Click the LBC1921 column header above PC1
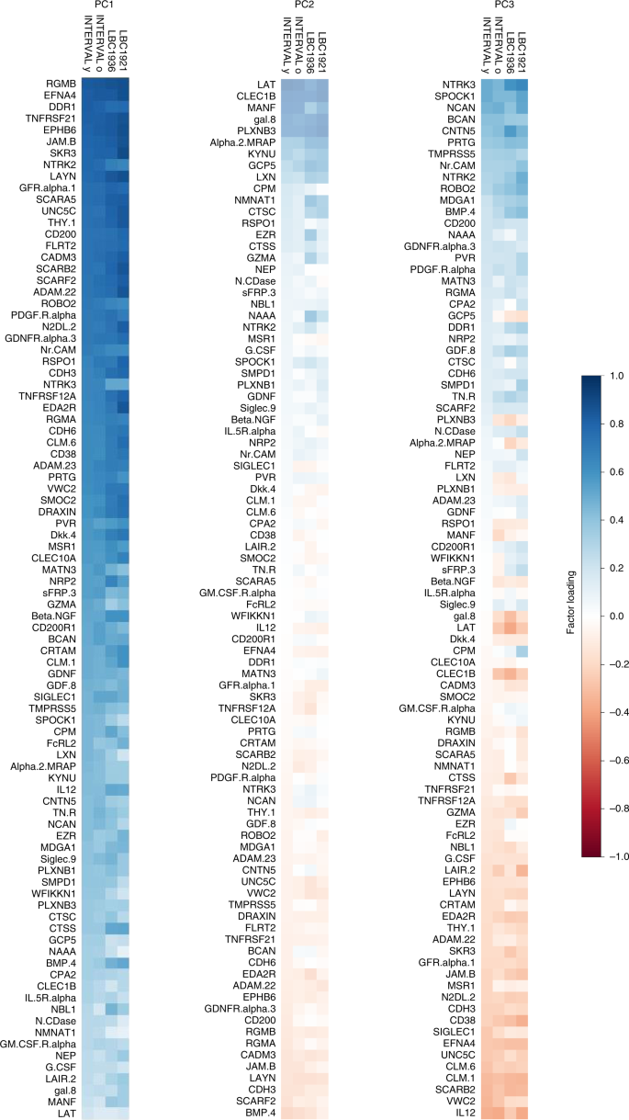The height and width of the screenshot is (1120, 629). pyautogui.click(x=122, y=41)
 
